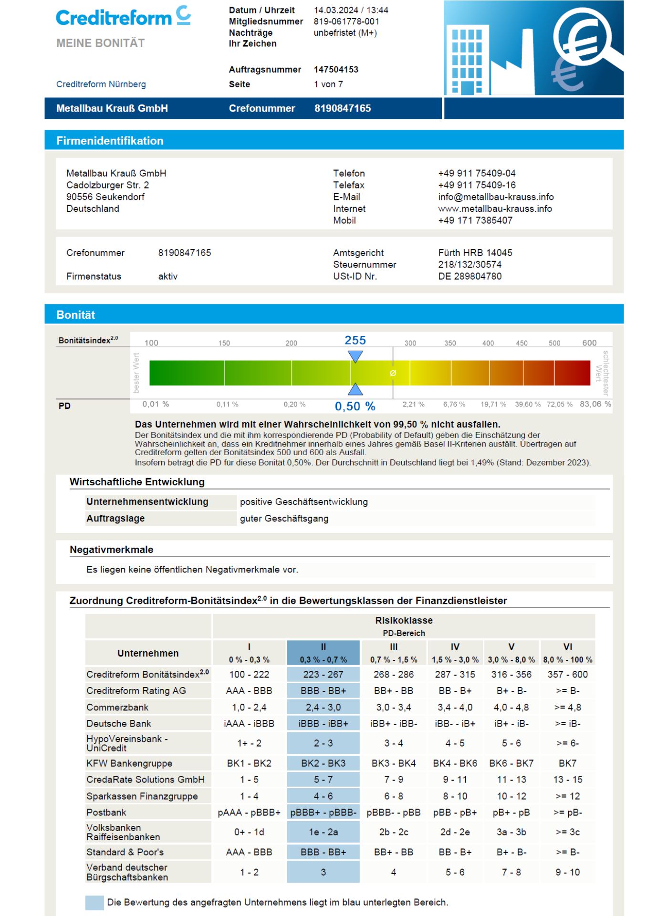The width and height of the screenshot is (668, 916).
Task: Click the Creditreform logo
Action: (123, 17)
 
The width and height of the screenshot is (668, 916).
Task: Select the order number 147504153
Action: (336, 70)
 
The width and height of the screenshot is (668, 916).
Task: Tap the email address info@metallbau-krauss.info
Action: (496, 197)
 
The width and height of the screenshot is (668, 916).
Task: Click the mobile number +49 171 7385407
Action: (475, 220)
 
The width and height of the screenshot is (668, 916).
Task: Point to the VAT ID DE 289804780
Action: (470, 276)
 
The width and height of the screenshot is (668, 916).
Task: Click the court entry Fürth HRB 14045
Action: (475, 253)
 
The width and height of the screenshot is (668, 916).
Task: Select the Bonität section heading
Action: (76, 315)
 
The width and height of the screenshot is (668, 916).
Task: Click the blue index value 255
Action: (355, 340)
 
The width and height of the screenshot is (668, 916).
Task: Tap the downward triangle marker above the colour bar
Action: (355, 356)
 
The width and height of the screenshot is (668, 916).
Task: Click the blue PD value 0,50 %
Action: (355, 406)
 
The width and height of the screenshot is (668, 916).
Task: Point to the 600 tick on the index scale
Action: (589, 343)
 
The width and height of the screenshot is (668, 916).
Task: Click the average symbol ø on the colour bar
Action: (393, 373)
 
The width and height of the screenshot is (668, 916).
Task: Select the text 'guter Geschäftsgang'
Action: (284, 519)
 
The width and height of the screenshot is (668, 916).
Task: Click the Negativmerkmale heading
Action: (111, 550)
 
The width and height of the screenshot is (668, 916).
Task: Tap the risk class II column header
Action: (323, 653)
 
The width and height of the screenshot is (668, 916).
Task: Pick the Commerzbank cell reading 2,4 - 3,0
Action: (323, 708)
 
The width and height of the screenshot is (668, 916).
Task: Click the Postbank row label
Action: (106, 812)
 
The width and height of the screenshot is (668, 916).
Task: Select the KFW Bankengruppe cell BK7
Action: (567, 763)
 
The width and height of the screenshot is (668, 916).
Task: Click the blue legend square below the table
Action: (94, 903)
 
